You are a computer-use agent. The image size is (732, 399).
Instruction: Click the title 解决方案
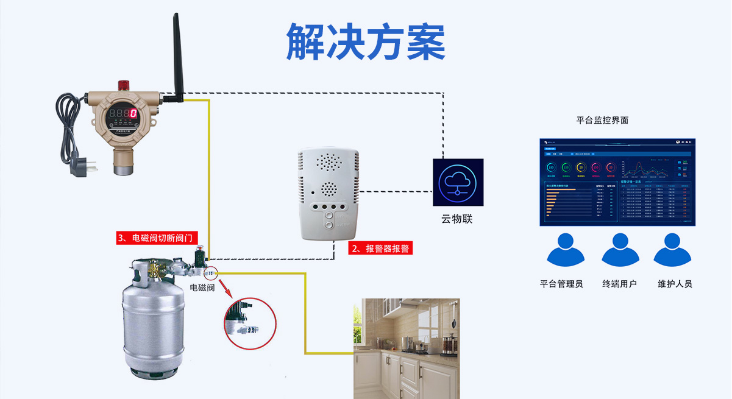tap(366, 41)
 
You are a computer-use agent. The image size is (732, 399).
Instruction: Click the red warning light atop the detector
tap(124, 84)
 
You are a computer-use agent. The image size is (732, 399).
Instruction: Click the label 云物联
tap(457, 219)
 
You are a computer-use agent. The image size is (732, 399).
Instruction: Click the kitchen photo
tap(407, 348)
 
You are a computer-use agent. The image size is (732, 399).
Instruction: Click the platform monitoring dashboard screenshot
tap(617, 182)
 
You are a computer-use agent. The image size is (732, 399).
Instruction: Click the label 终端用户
tap(619, 284)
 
